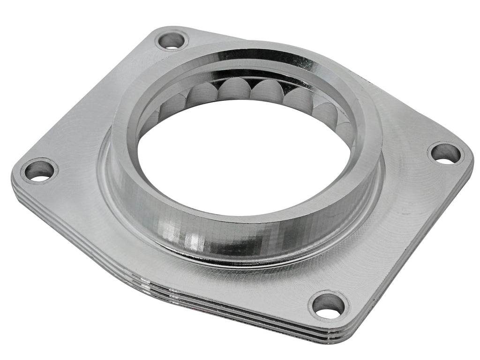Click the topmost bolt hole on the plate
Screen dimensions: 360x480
tap(171, 40)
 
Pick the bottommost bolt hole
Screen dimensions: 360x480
tap(329, 305)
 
